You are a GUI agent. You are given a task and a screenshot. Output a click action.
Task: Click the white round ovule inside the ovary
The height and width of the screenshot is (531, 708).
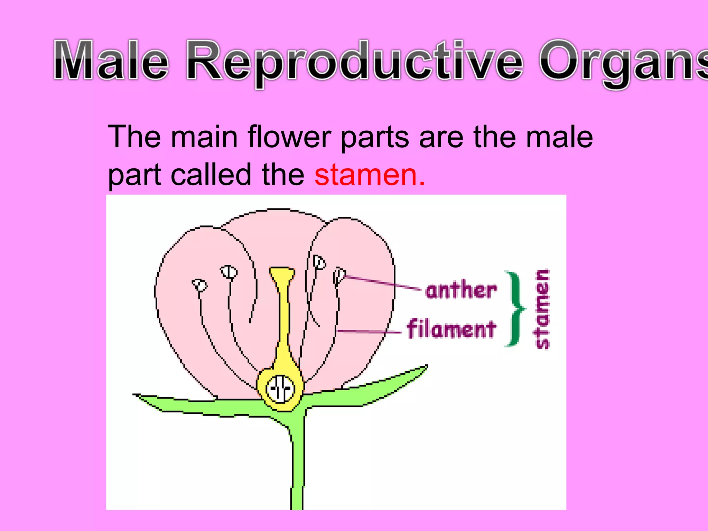point(280,389)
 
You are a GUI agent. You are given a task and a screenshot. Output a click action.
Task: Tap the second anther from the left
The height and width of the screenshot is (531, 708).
point(229,272)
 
